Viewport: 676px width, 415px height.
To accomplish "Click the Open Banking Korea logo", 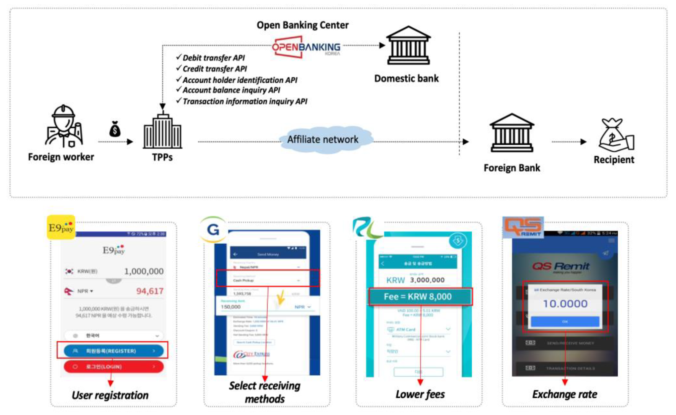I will coord(306,47).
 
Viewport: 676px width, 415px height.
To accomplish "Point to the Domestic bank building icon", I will coord(408,46).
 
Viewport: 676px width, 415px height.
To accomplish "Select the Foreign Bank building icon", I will coord(512,133).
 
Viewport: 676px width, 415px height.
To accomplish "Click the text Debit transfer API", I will coord(213,58).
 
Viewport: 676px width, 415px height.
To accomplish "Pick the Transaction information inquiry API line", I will coord(245,101).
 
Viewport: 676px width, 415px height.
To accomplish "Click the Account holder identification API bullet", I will coord(239,80).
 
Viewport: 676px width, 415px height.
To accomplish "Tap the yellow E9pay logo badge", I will coord(61,227).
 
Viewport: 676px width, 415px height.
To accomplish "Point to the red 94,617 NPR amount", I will coord(150,291).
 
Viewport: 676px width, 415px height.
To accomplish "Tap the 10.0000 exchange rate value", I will coord(565,304).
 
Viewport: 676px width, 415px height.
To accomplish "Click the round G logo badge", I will coord(213,229).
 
